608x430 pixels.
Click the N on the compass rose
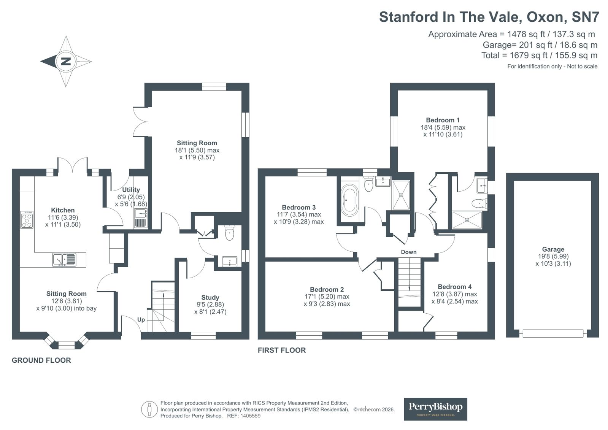(x=66, y=61)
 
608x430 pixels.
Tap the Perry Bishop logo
(x=435, y=409)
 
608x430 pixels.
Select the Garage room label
(x=553, y=249)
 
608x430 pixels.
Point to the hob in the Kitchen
(x=27, y=220)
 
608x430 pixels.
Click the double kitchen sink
(x=65, y=260)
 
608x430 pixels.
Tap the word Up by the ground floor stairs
(x=141, y=320)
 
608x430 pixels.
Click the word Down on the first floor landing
(x=408, y=252)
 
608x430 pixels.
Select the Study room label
(x=210, y=298)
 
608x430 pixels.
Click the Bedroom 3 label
(x=298, y=208)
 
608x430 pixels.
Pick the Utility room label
(x=131, y=190)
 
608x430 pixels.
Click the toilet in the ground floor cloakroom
(x=230, y=233)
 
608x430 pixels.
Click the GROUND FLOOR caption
(x=41, y=360)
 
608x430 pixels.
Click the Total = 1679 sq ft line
(x=539, y=56)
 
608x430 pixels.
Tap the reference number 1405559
(x=249, y=416)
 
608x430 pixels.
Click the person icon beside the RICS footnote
(x=149, y=410)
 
